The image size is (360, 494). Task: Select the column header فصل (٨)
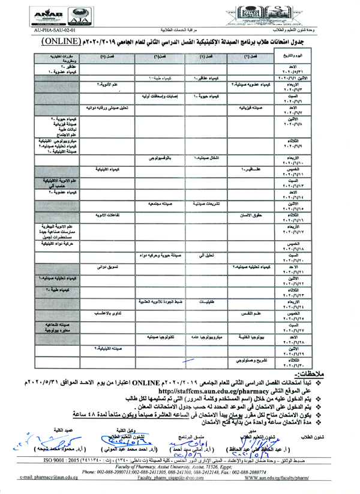tap(106, 56)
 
